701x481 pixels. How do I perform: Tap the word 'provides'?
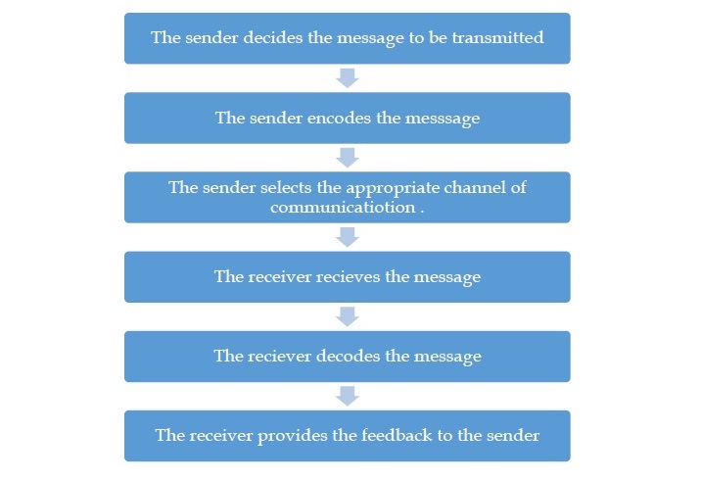288,436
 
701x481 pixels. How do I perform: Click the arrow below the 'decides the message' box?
348,77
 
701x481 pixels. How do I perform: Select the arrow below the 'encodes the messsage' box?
348,157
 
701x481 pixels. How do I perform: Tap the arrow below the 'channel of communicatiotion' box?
348,236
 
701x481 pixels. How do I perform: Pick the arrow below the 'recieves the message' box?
348,315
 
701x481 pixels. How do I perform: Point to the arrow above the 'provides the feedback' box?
348,395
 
